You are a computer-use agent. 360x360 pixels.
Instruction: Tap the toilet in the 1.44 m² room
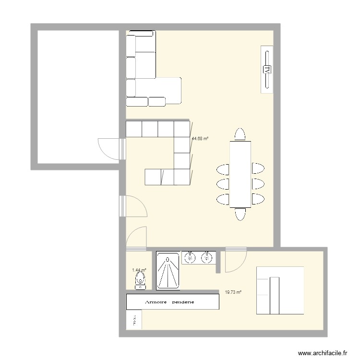coord(140,280)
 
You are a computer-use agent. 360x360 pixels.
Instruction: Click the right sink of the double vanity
coord(207,258)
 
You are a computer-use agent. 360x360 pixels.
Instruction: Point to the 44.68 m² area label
coord(200,139)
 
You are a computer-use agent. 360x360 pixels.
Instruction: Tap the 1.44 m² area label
coord(139,270)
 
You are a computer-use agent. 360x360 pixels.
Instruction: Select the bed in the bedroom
coord(280,290)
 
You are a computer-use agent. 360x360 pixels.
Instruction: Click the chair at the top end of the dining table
coord(240,134)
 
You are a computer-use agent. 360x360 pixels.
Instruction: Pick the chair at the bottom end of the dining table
coord(240,214)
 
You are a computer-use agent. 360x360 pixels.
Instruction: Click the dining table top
coord(240,173)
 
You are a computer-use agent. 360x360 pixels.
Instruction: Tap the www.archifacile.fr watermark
coord(323,353)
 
